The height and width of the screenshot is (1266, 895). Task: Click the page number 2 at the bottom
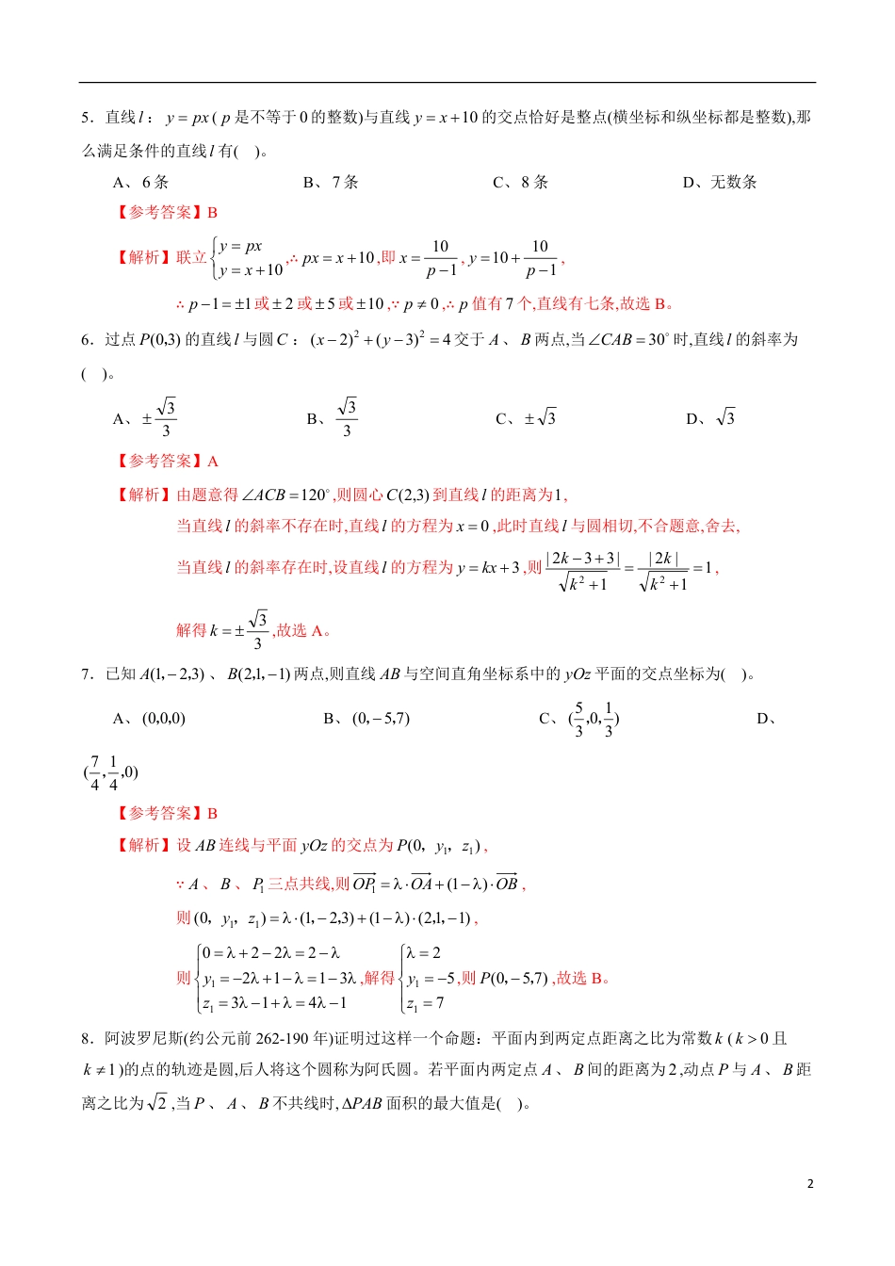point(809,1184)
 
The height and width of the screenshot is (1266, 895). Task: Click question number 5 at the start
point(86,118)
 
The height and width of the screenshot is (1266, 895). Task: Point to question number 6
point(86,340)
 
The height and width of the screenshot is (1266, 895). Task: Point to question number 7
point(86,674)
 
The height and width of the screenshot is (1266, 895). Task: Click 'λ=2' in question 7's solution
point(424,953)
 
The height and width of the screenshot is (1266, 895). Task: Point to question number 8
point(86,1039)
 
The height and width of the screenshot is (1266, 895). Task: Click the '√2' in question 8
point(157,1103)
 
